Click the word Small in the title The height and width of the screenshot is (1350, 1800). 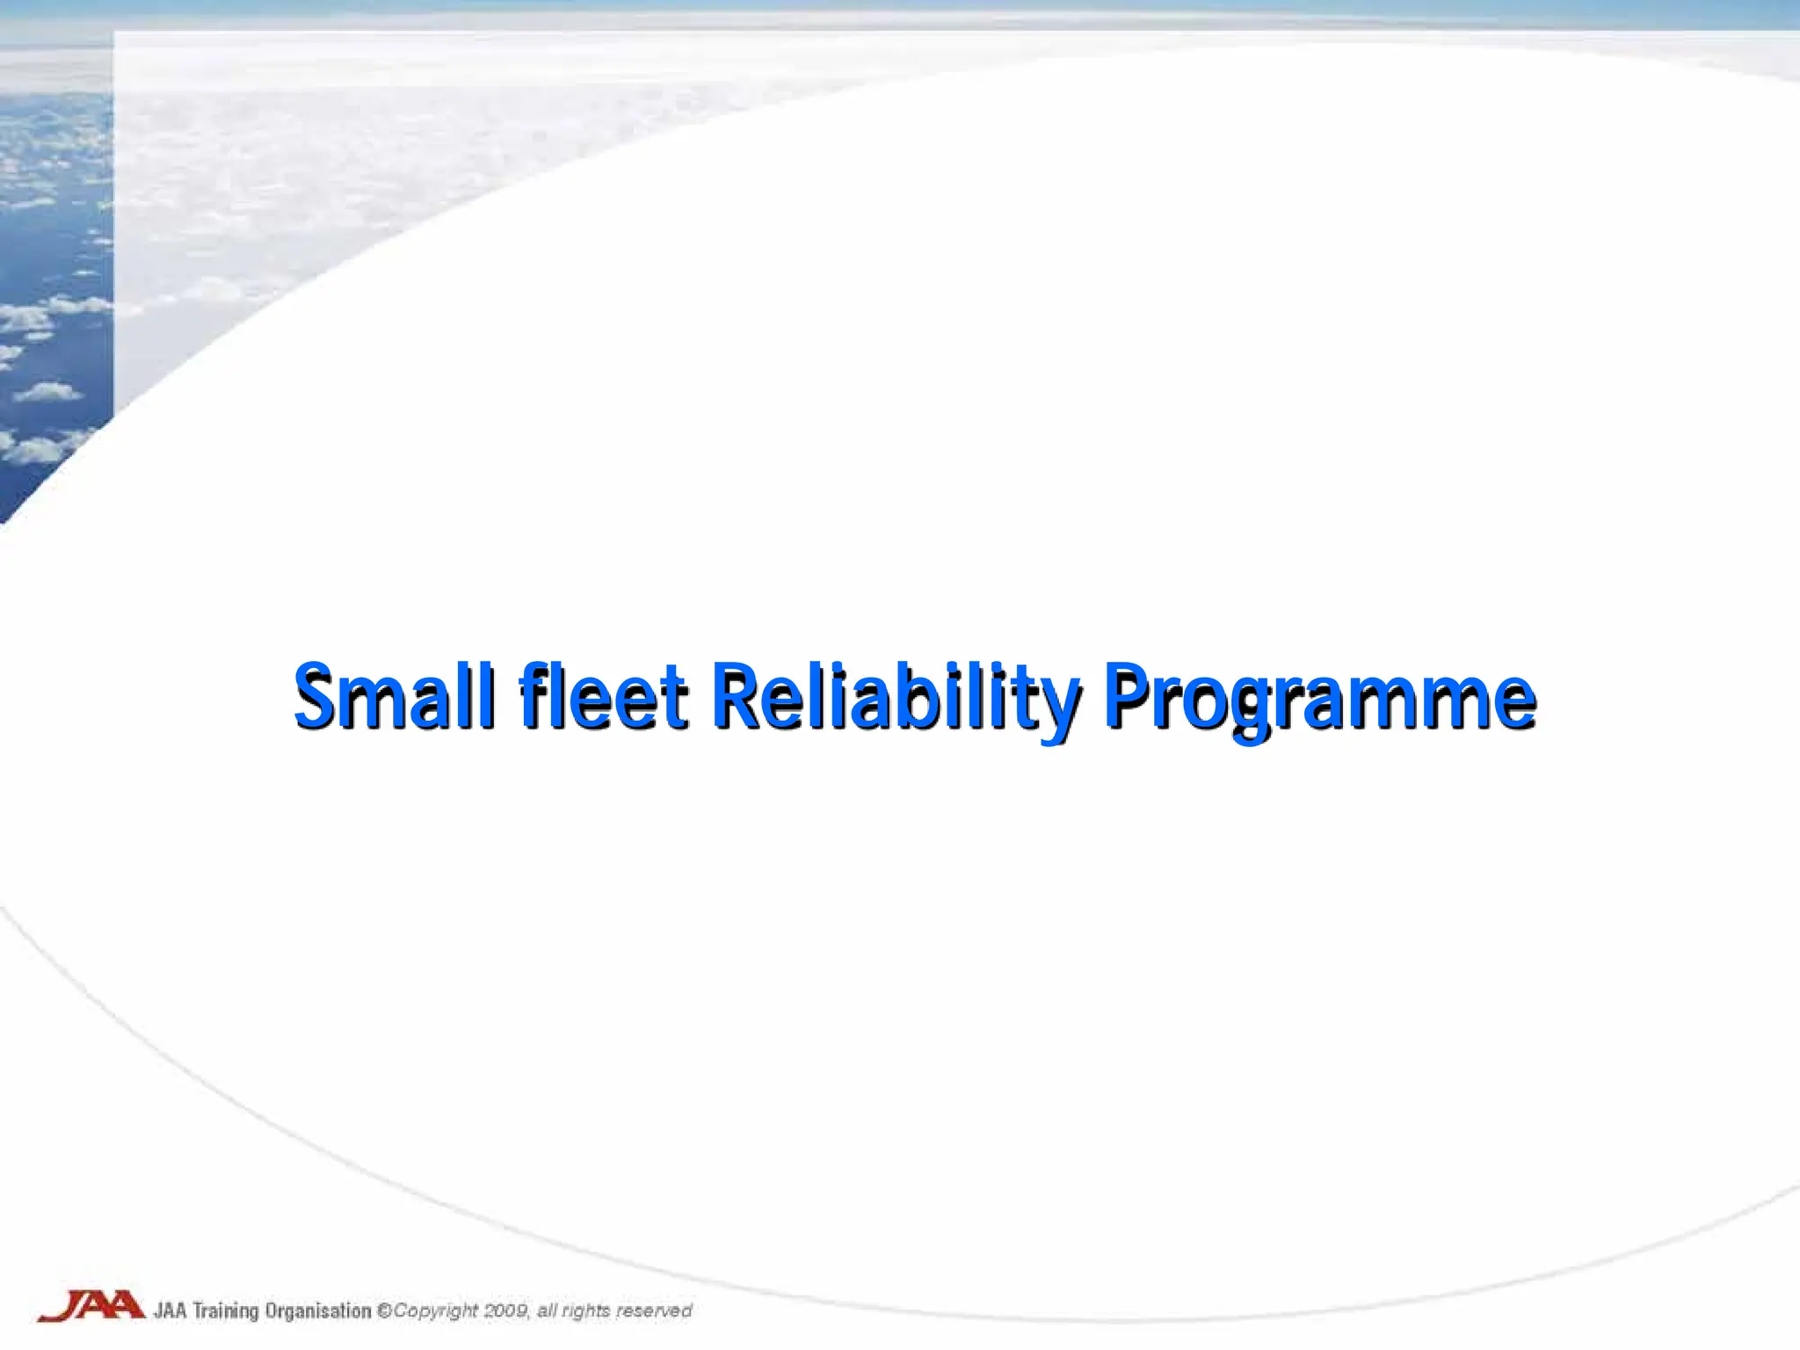tap(393, 696)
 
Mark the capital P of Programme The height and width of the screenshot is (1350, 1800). tap(1129, 696)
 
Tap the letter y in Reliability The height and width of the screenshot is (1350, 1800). tap(1060, 708)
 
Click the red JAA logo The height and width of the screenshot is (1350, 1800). tap(91, 1306)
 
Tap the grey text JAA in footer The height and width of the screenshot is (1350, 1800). tap(171, 1310)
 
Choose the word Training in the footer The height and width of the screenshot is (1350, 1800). tap(226, 1311)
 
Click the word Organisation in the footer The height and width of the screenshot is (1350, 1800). tap(318, 1310)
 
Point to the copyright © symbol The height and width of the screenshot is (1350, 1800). tap(384, 1310)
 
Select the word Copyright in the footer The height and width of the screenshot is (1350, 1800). tap(435, 1311)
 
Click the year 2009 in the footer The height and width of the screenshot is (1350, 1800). tap(506, 1310)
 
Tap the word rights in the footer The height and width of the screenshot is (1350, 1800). tap(586, 1311)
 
